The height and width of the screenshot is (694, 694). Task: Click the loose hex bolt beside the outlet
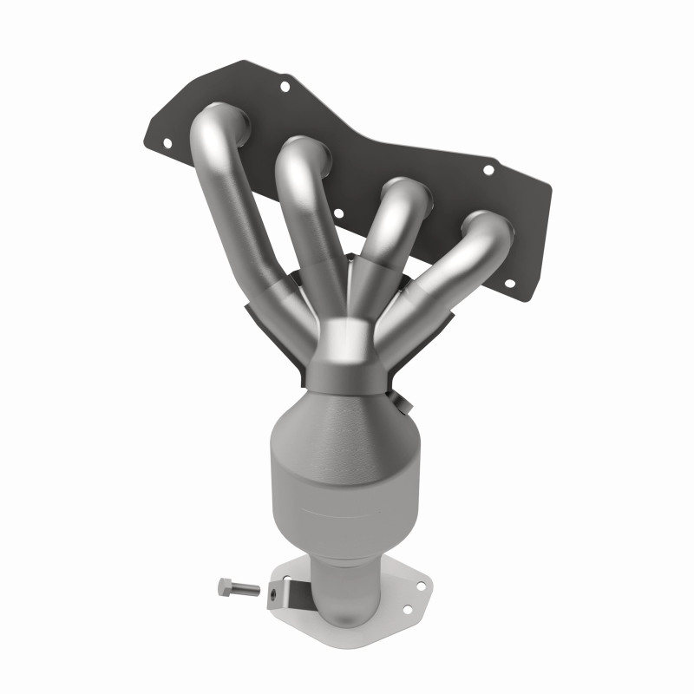tap(238, 589)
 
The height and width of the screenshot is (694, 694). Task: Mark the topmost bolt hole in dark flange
tap(283, 86)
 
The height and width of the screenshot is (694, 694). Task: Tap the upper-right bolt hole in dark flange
tap(488, 170)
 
